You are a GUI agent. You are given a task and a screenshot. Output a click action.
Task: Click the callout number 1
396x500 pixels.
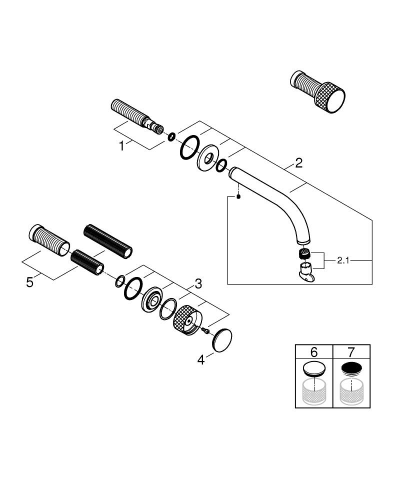point(121,146)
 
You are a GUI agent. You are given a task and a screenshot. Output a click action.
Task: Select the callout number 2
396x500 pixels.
point(298,163)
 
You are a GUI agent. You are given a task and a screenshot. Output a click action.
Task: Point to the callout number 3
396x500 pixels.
point(198,284)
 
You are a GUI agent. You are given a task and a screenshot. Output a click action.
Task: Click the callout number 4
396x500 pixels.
point(201,359)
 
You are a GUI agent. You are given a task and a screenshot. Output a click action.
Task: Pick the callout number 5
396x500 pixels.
point(30,282)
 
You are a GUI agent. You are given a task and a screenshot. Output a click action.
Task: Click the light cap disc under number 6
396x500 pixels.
point(314,369)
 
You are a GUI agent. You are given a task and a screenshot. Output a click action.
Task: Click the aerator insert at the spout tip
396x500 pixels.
point(302,252)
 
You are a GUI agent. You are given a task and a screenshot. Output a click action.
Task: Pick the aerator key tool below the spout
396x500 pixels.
point(304,272)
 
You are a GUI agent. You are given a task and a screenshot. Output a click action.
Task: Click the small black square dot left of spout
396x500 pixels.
point(239,196)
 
